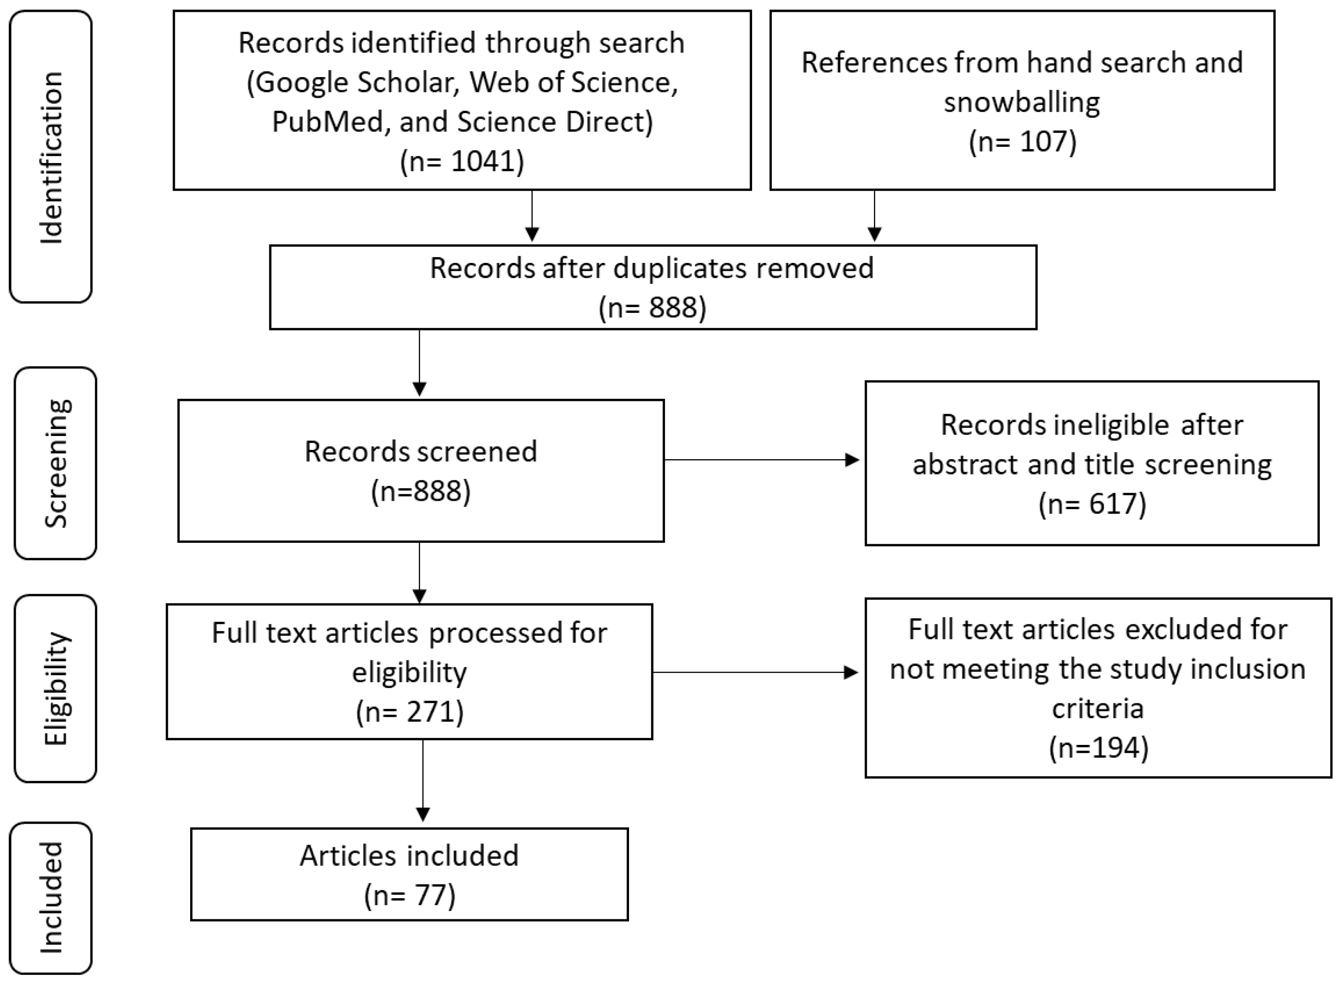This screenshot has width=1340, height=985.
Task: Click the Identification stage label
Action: pos(51,157)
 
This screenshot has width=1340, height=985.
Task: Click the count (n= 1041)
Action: pos(462,161)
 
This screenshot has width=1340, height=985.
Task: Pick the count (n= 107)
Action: pos(1022,142)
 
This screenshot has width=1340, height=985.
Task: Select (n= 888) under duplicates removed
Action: pos(652,308)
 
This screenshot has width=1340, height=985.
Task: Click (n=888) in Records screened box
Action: pos(421,491)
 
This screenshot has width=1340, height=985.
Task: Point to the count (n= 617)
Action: pos(1092,504)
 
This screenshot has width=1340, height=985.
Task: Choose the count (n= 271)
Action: pos(410,711)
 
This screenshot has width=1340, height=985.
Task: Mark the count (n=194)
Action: pos(1098,747)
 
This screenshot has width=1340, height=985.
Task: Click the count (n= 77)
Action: pos(410,895)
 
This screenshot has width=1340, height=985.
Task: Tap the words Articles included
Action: pos(410,856)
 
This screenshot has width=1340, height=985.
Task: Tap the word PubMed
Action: pos(327,122)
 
